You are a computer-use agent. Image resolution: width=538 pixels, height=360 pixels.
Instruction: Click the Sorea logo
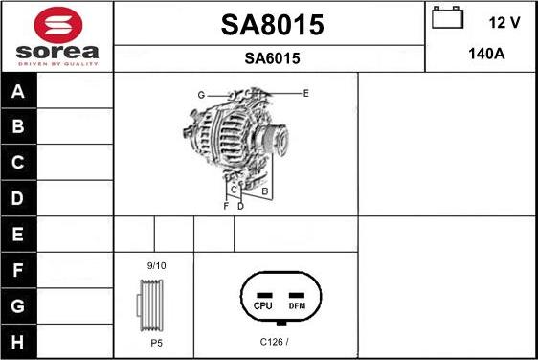56,36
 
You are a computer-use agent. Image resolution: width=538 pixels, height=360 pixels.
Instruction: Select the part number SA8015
272,26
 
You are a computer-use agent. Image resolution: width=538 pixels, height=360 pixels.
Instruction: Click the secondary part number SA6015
272,58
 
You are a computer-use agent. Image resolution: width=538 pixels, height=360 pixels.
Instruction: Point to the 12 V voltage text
504,21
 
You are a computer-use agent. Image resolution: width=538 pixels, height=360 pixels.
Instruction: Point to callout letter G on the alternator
202,95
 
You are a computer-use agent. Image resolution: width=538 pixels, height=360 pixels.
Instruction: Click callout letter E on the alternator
305,93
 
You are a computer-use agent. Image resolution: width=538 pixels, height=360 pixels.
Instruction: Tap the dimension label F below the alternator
226,206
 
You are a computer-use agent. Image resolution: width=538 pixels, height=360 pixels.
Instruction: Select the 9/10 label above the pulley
156,264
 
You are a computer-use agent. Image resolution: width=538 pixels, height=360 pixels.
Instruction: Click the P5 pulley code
155,341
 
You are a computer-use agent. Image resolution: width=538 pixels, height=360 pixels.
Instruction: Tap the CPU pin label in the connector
263,305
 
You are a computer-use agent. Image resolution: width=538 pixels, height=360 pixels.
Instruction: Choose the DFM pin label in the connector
297,305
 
